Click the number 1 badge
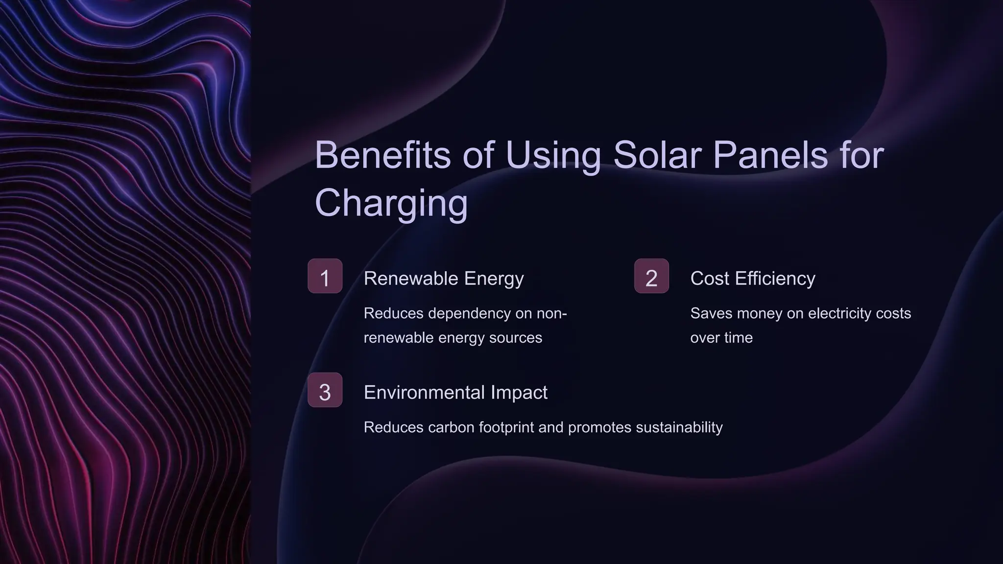click(325, 276)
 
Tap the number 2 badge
click(651, 276)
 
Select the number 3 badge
click(325, 390)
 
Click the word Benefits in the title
click(382, 155)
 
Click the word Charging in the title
click(391, 203)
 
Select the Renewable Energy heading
click(444, 279)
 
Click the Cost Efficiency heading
click(753, 279)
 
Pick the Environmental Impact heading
click(455, 393)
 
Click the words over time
click(721, 338)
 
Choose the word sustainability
click(679, 427)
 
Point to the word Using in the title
click(553, 155)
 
